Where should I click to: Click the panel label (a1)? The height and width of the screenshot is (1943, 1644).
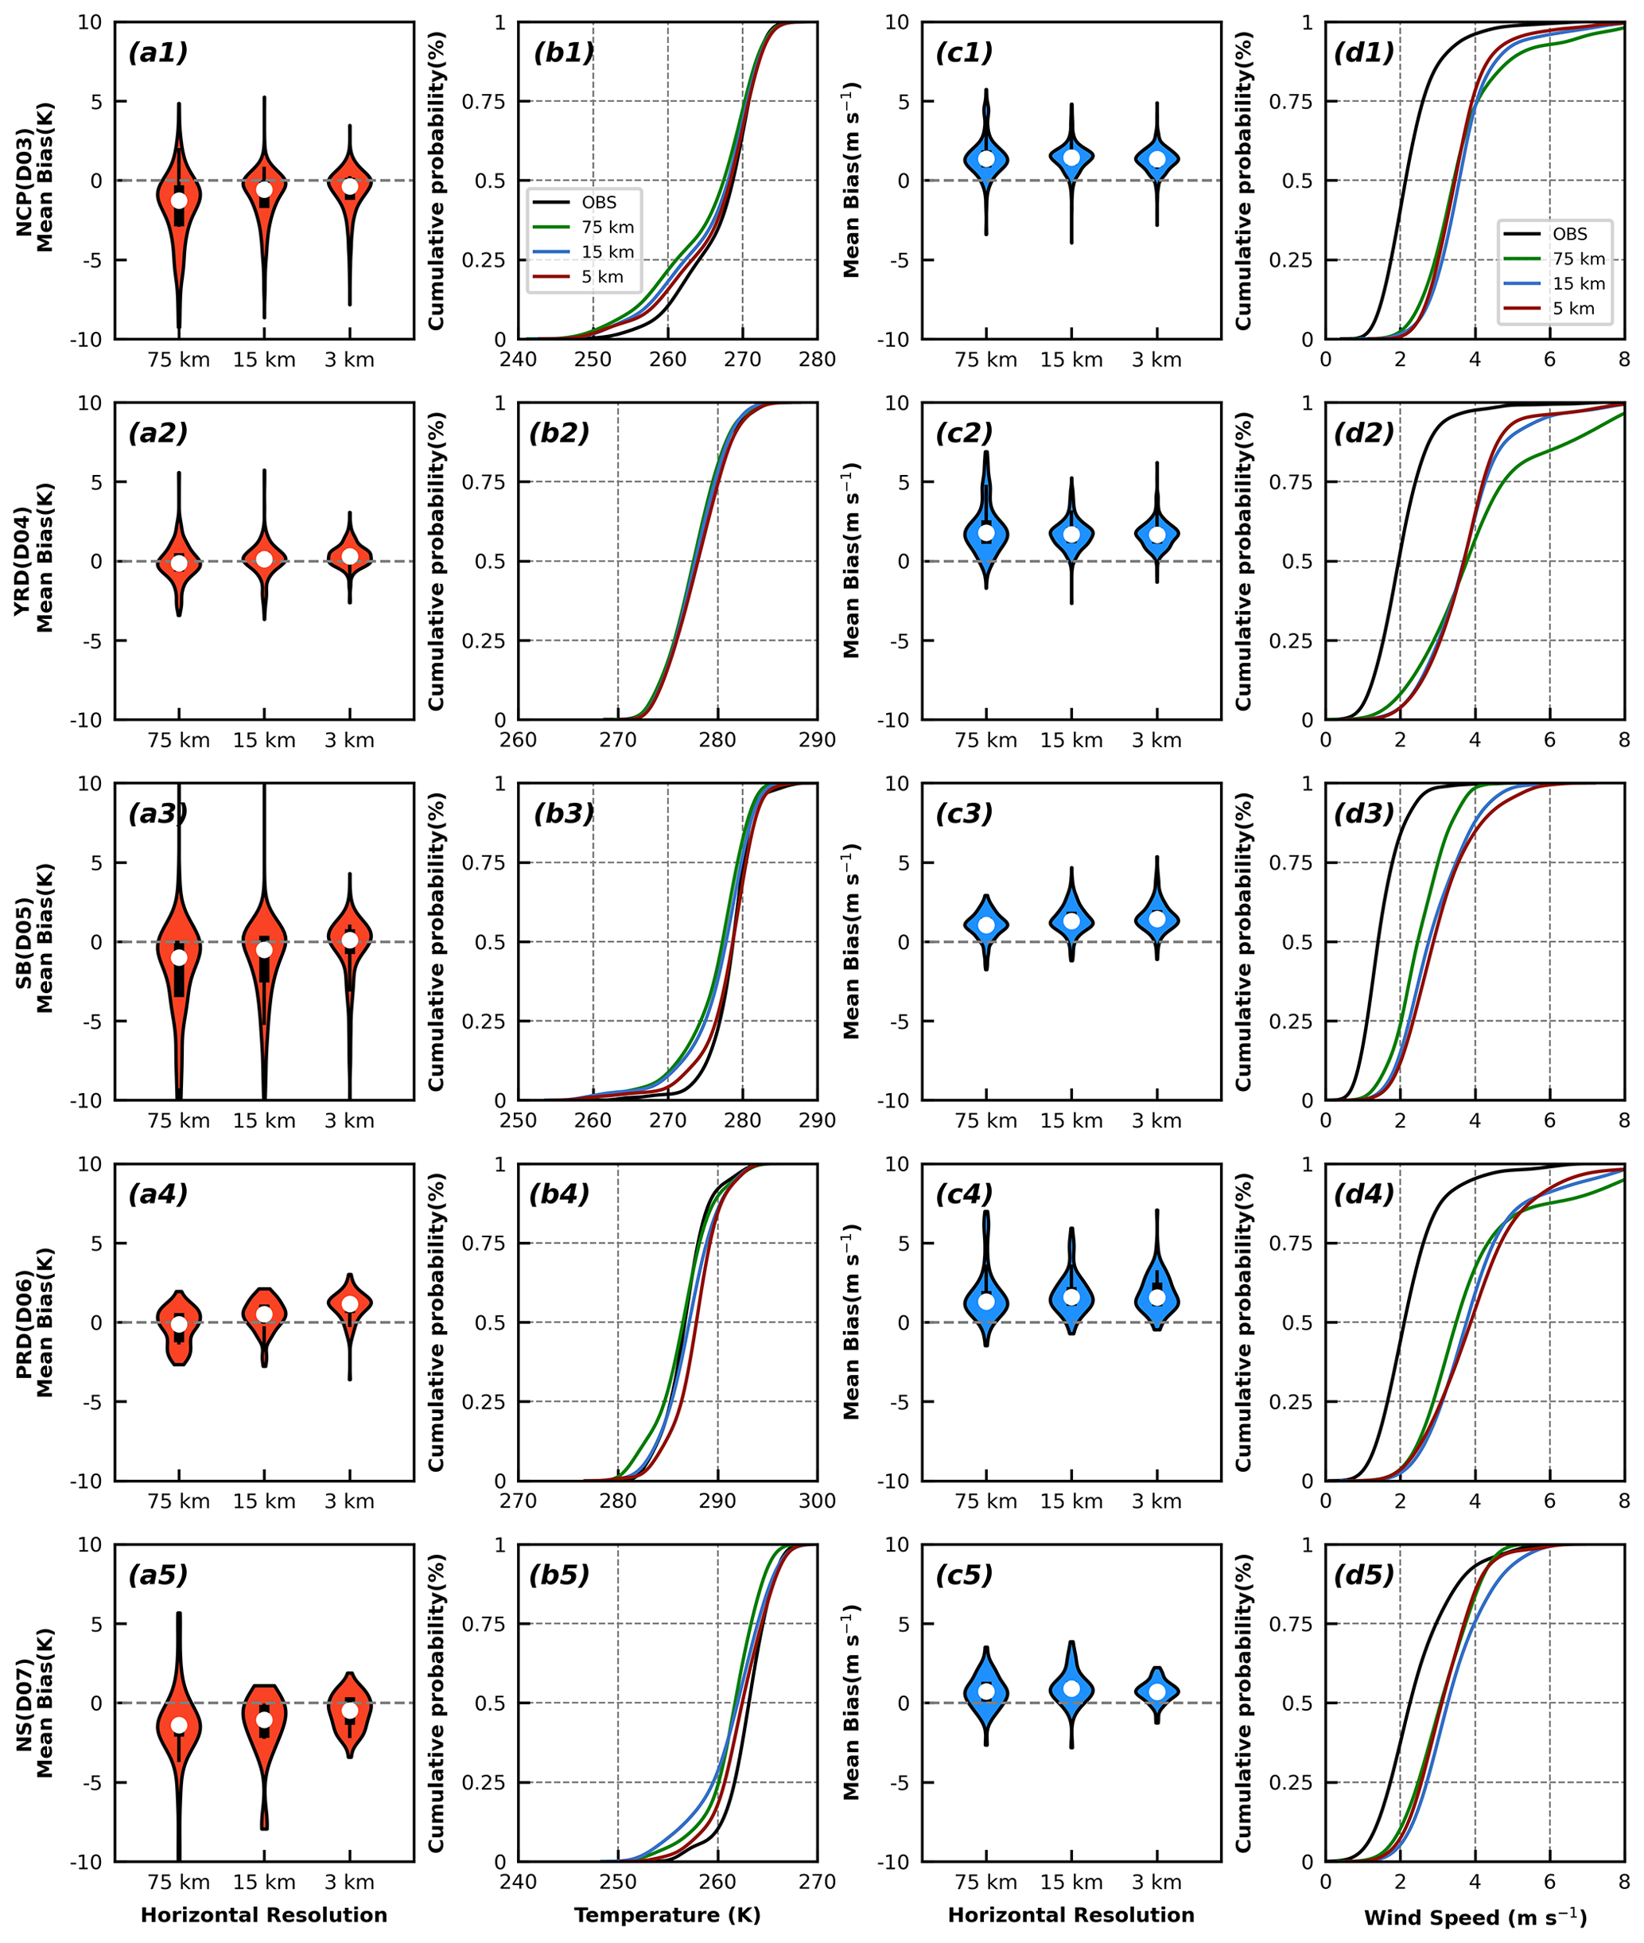click(157, 53)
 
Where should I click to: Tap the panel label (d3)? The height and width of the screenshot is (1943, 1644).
click(1363, 814)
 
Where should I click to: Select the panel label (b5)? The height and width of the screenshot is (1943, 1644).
click(559, 1575)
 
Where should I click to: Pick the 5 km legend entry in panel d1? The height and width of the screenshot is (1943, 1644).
click(1572, 309)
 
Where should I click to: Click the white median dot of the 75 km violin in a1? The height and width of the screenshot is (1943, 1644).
click(179, 201)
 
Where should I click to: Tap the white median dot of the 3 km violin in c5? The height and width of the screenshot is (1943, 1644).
click(1156, 1692)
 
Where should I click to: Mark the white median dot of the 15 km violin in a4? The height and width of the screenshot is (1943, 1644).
click(265, 1314)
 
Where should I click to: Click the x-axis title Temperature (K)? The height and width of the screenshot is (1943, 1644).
click(667, 1914)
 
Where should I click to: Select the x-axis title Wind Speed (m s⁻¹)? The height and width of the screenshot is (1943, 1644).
click(1475, 1917)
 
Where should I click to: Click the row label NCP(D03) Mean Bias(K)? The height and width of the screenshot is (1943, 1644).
click(34, 180)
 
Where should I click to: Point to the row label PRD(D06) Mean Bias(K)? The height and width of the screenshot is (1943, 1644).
click(34, 1322)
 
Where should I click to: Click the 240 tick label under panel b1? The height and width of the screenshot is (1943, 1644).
click(519, 360)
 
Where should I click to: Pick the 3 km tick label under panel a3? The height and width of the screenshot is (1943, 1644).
click(349, 1120)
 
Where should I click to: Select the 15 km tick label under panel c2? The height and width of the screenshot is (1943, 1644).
click(1071, 740)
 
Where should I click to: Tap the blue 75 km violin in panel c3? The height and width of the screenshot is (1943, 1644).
click(986, 924)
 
